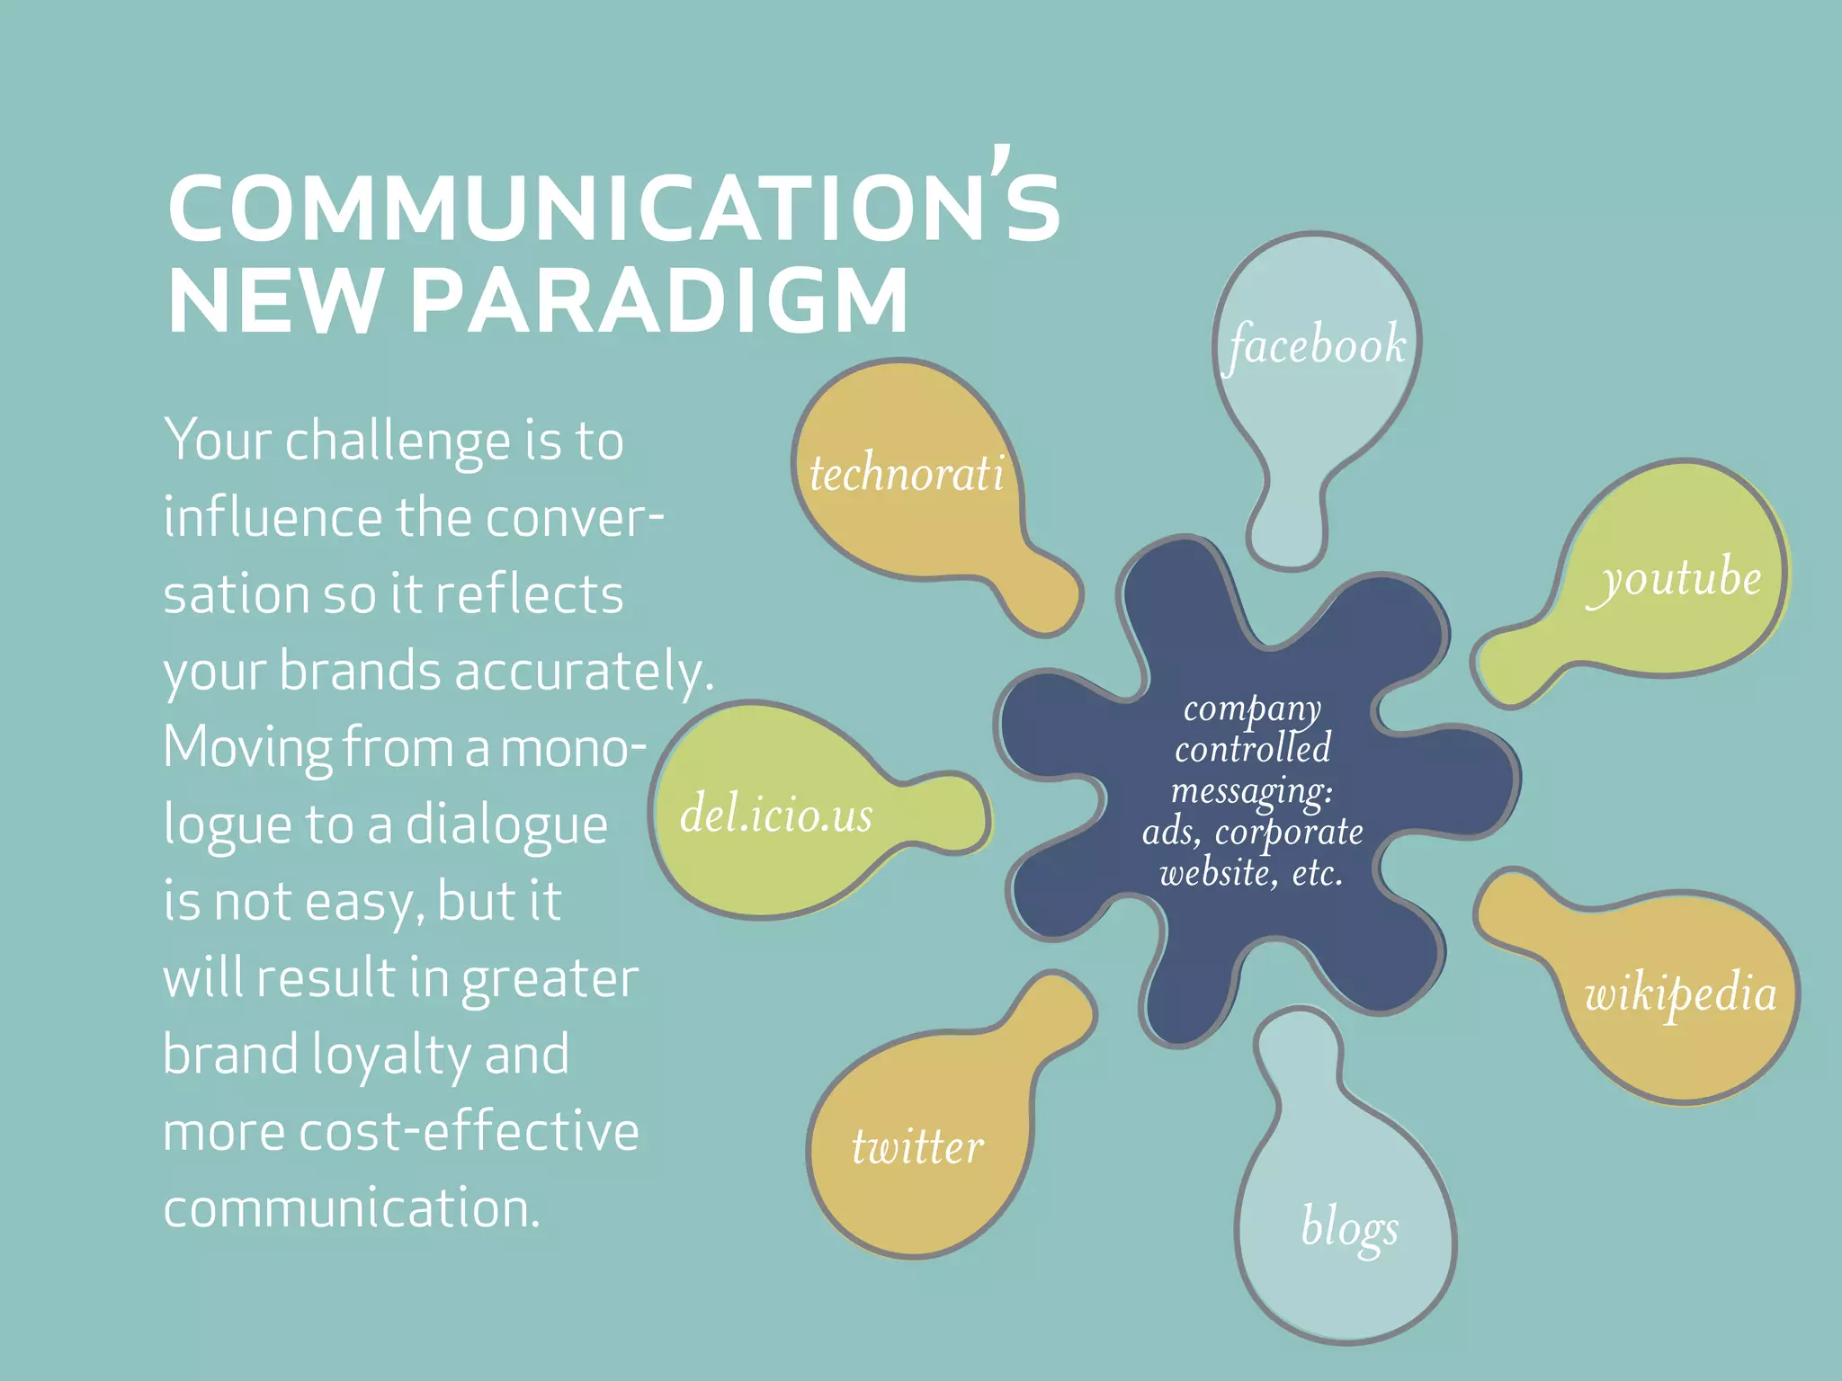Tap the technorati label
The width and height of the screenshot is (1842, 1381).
point(907,473)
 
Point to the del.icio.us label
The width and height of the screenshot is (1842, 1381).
point(776,815)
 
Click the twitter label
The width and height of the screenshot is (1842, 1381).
point(917,1147)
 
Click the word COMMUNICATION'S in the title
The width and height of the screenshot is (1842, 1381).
point(613,207)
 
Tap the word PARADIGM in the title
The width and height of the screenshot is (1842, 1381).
point(659,300)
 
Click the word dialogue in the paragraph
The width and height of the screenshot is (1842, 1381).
point(506,825)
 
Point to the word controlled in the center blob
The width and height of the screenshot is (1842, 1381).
point(1252,748)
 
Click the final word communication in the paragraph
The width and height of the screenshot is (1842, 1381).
point(351,1207)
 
